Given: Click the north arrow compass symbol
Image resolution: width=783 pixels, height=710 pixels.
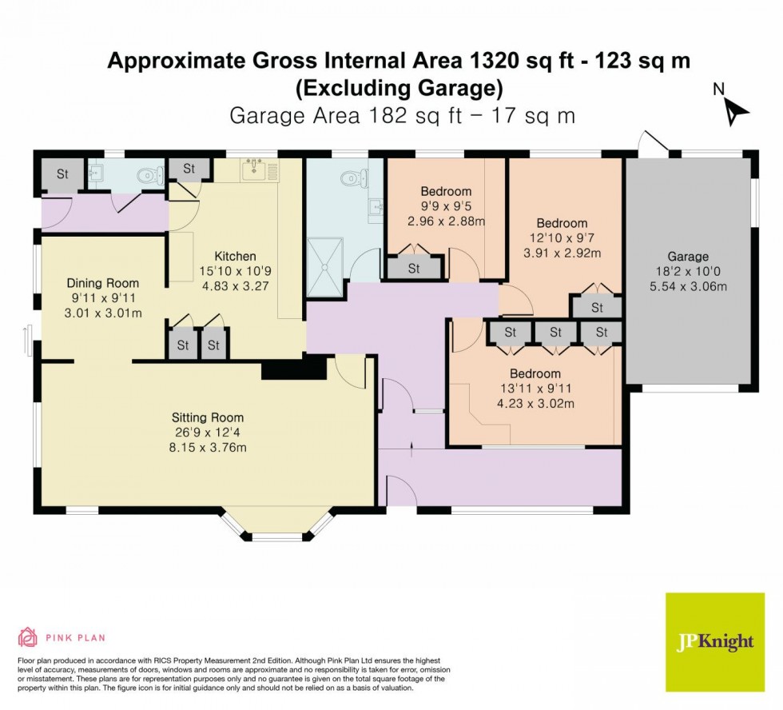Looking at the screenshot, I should point(733,110).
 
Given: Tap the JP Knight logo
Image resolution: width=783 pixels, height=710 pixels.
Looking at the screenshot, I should point(714,642).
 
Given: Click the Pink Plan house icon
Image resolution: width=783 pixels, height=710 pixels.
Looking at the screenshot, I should point(28,637).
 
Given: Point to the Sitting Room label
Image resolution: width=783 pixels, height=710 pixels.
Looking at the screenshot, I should point(208,417).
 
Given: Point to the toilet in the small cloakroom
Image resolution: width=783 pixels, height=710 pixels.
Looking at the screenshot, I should point(148,175).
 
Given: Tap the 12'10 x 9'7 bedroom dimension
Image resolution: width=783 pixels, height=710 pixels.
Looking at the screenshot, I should point(561,238).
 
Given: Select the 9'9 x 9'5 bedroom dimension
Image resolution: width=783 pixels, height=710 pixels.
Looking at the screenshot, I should point(446,206).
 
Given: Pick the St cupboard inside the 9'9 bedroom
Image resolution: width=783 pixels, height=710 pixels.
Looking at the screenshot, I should point(414,269).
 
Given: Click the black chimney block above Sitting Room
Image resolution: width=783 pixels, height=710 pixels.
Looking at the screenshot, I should point(293,367).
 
